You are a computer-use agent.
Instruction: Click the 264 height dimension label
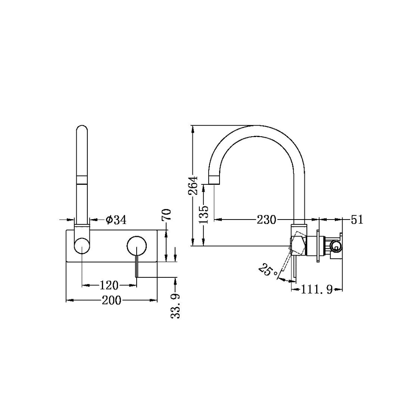pyautogui.click(x=193, y=185)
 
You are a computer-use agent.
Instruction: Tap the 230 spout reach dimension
pyautogui.click(x=266, y=220)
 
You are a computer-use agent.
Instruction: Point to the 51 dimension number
pyautogui.click(x=357, y=220)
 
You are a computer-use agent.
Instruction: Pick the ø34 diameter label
pyautogui.click(x=116, y=220)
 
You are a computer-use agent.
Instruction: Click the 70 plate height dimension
pyautogui.click(x=167, y=214)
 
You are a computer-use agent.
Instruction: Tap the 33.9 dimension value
pyautogui.click(x=175, y=306)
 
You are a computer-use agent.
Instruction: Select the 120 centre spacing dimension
pyautogui.click(x=109, y=285)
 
